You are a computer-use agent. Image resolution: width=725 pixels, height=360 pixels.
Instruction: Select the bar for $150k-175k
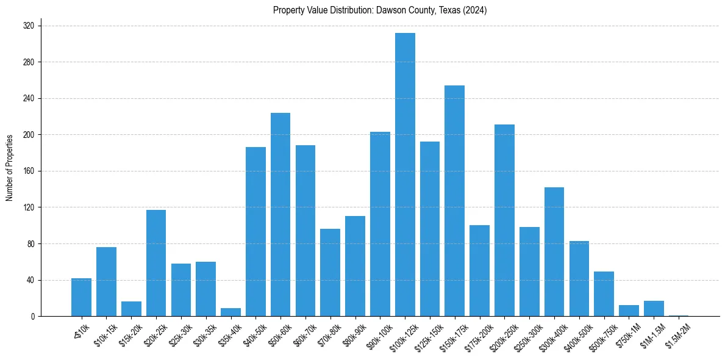[x=454, y=201]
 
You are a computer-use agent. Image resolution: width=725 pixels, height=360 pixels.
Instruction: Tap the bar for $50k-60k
[x=280, y=214]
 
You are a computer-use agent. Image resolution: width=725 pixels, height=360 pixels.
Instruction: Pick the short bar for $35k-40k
[x=230, y=312]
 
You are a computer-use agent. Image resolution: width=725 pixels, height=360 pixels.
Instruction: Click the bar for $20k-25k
[x=156, y=263]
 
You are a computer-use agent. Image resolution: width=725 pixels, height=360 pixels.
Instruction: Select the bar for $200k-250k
[x=504, y=220]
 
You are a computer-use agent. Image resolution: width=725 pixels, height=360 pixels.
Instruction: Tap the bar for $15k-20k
[x=131, y=309]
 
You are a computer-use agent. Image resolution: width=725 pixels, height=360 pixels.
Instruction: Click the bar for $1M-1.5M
[x=654, y=309]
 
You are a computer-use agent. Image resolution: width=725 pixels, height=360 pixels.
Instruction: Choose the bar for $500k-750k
[x=604, y=294]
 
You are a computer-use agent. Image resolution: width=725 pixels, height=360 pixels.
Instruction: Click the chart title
[x=380, y=10]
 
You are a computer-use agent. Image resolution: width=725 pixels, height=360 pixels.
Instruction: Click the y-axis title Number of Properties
[x=10, y=168]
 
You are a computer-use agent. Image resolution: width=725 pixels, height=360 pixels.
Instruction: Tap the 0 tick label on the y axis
[x=33, y=317]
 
